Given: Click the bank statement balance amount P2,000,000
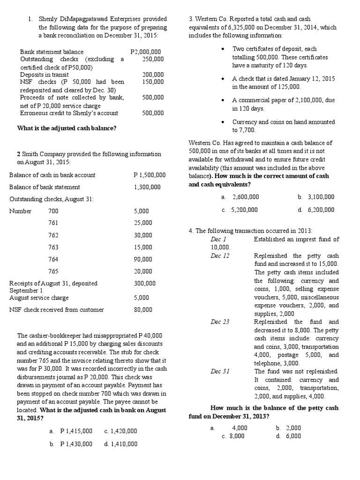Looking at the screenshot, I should [145, 52].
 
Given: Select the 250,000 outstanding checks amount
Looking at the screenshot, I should [153, 59].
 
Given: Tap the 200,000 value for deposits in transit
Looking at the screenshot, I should [153, 75].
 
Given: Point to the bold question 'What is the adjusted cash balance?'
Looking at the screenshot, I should [67, 128].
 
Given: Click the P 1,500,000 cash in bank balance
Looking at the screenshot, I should [149, 175].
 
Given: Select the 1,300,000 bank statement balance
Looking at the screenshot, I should [147, 187].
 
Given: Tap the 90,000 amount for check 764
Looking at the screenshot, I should [143, 259].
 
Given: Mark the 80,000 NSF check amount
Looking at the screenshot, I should [143, 309].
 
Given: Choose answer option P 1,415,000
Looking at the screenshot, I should [76, 431].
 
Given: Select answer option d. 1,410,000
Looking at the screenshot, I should [120, 443].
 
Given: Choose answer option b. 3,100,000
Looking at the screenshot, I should [316, 197].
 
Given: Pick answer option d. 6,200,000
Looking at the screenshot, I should [316, 210].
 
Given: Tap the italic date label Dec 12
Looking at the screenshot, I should [220, 256].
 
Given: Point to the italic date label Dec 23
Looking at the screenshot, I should [220, 322].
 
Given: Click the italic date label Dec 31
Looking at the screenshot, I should [220, 372].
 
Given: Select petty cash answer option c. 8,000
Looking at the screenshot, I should [233, 436].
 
